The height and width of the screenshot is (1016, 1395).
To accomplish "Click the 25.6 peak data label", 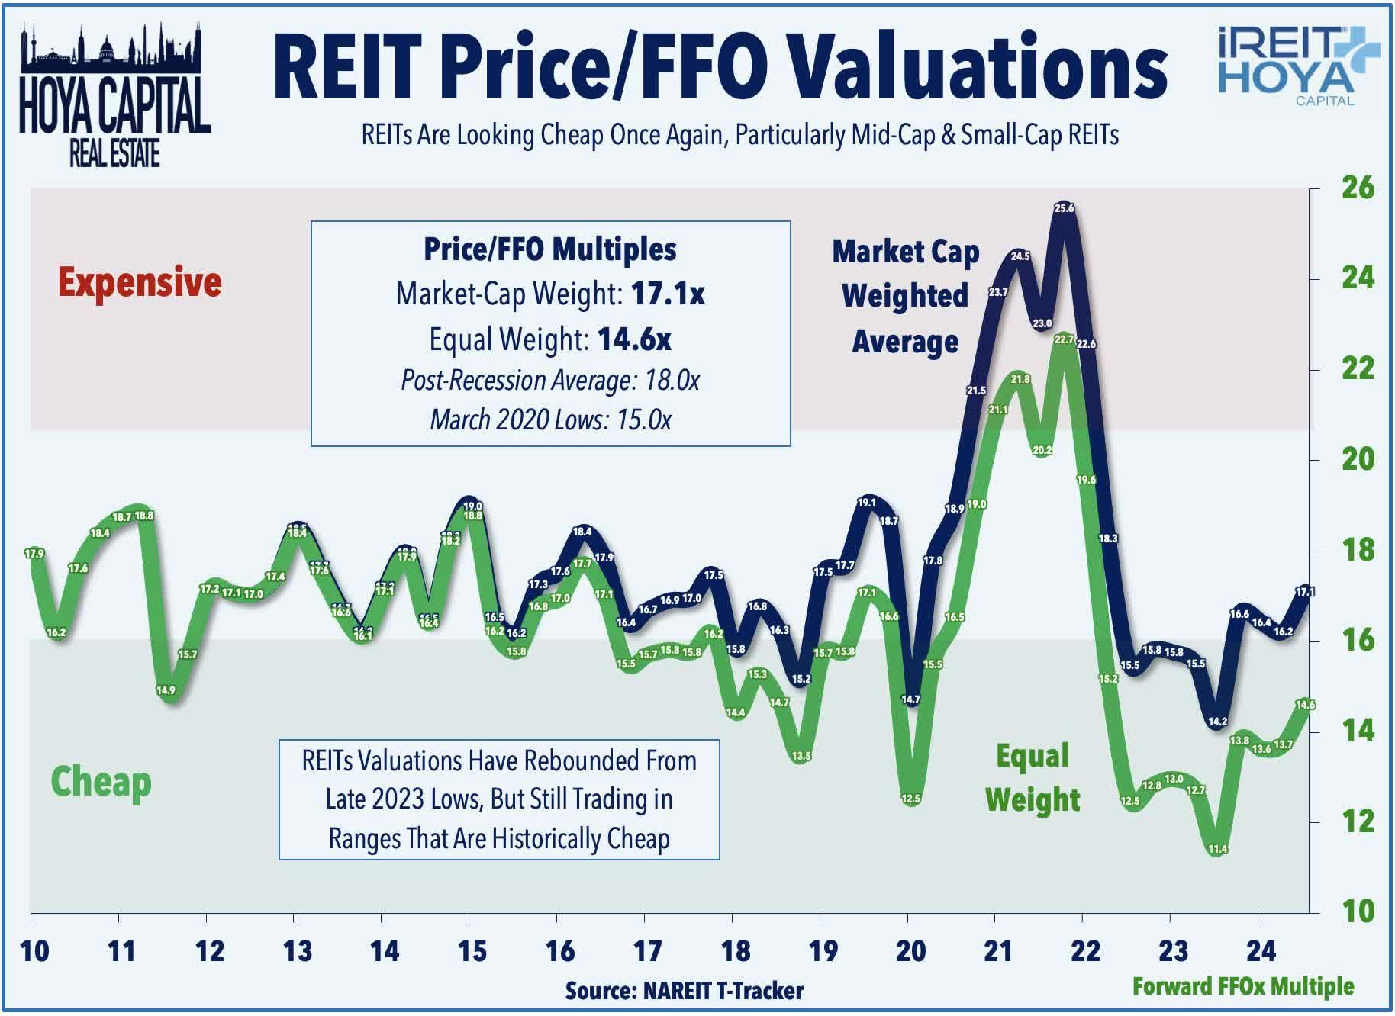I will [1064, 207].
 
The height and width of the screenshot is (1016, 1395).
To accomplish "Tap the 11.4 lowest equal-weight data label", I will [1218, 849].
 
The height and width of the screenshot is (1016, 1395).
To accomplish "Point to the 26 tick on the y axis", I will [1358, 188].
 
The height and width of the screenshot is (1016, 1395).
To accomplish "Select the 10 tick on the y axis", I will [1358, 912].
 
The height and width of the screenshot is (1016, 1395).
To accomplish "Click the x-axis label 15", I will [472, 951].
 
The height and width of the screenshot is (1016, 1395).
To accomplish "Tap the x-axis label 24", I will [1261, 951].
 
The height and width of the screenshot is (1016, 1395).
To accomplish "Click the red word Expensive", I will [140, 282].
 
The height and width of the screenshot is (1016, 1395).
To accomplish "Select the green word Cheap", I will [101, 783].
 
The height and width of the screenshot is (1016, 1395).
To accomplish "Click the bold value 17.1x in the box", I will [668, 294].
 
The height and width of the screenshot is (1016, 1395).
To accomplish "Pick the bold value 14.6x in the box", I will [634, 339].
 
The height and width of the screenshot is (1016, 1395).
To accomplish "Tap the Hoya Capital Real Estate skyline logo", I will [114, 95].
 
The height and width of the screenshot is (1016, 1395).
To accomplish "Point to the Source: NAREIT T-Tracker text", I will [684, 991].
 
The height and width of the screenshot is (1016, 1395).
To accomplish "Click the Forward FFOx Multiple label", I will [1242, 986].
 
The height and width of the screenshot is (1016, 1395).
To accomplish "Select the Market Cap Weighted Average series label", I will [905, 296].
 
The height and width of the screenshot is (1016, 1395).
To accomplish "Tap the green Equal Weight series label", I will [1033, 778].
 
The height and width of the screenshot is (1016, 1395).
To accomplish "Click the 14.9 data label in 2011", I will [166, 690].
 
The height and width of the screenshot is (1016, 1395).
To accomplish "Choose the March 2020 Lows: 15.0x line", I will [550, 420].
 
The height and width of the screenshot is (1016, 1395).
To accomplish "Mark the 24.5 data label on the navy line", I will [1020, 256].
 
